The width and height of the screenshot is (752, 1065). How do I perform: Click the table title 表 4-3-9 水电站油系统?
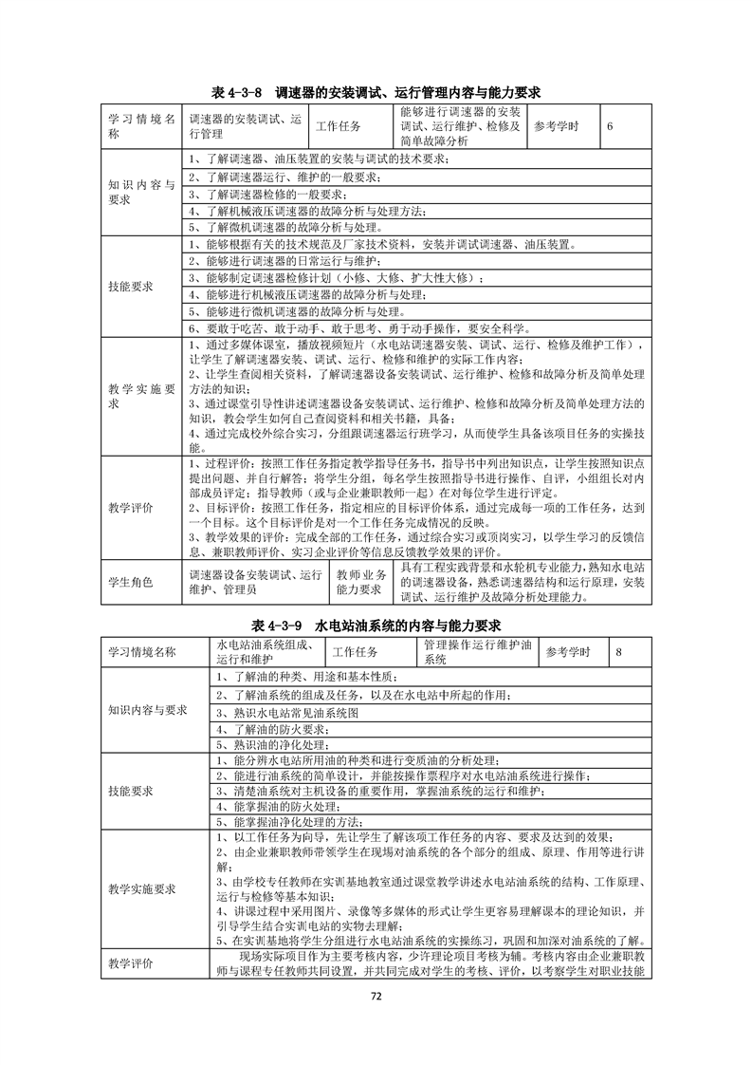(376, 626)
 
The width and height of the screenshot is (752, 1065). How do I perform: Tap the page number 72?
(376, 996)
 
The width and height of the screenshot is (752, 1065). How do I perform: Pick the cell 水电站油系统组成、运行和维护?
(266, 652)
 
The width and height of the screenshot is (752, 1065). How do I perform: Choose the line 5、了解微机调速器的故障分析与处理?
(285, 227)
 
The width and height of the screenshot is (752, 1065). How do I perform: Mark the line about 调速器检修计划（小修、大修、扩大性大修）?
(336, 277)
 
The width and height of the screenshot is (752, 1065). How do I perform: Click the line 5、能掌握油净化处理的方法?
(289, 821)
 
